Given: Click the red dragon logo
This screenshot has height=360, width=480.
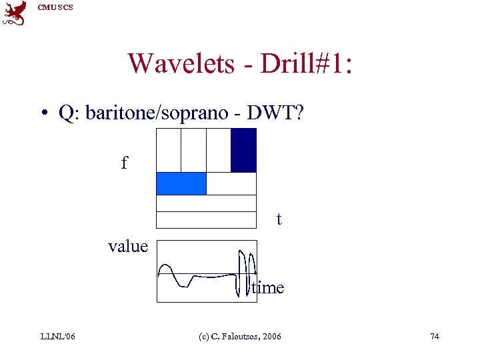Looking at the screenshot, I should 15,13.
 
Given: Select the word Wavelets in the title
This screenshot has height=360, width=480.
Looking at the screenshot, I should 181,63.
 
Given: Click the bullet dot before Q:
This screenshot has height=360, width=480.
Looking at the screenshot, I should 43,114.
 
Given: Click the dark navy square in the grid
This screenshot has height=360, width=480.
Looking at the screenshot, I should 243,150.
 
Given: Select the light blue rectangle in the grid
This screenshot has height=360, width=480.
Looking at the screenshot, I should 181,183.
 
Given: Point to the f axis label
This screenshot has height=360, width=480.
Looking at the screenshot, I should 124,163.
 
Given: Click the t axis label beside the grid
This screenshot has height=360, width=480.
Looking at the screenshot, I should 279,219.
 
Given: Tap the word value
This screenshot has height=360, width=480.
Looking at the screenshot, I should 128,247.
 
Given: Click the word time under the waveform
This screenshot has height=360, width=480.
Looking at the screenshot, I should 268,288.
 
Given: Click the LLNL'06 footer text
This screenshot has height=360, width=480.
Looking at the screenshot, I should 58,336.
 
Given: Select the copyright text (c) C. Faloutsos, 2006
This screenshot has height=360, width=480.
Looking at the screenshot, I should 240,336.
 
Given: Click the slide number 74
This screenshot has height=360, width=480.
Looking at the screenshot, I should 434,336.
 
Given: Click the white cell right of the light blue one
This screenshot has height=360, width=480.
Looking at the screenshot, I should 231,183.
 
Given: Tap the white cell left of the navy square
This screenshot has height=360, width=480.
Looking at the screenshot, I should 218,150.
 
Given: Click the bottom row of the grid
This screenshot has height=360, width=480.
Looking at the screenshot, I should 206,220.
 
